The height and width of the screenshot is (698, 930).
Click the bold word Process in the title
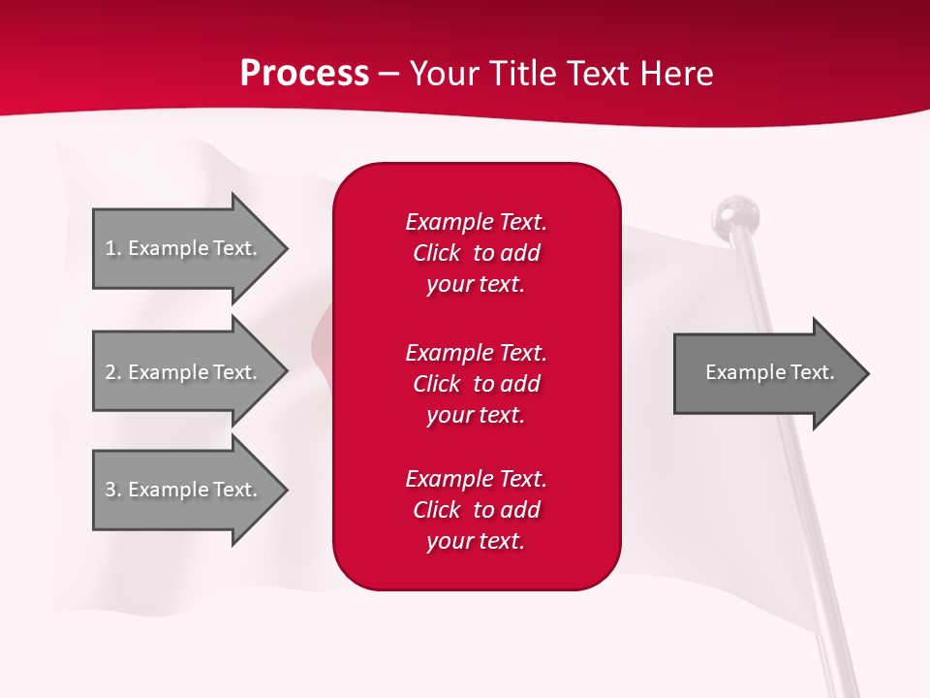(x=304, y=74)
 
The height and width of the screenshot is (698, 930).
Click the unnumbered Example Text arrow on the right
(x=769, y=372)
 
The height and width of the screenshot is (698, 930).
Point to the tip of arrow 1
(x=286, y=248)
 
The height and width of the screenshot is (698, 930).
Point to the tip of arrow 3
(x=286, y=490)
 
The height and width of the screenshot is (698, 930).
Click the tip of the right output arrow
(x=867, y=373)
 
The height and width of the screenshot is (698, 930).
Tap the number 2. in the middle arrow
(x=112, y=372)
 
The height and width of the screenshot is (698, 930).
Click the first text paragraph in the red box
(x=476, y=253)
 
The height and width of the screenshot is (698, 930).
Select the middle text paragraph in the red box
(x=476, y=383)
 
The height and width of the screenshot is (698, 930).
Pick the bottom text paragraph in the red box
(x=476, y=510)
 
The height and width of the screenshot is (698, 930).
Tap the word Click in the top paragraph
(x=436, y=253)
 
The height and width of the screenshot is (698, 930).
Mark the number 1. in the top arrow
(x=112, y=248)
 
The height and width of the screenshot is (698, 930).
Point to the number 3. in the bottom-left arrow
(x=112, y=490)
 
